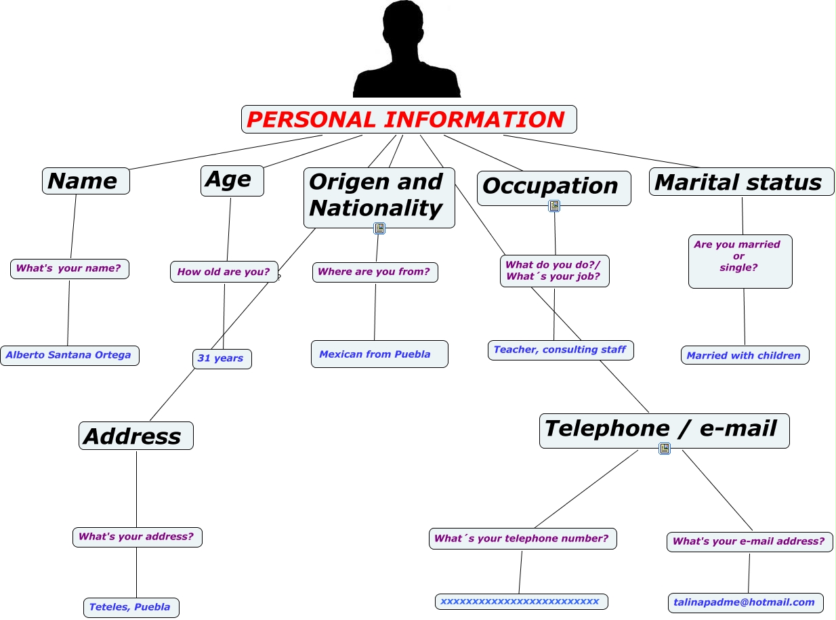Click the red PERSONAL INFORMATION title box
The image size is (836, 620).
(409, 119)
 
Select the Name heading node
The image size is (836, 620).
(85, 181)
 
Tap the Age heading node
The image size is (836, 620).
(232, 180)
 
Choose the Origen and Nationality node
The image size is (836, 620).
(379, 195)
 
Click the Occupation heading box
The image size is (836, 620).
(553, 186)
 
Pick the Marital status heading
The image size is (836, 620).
(741, 182)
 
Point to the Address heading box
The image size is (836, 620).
(135, 436)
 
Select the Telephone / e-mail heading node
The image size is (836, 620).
(664, 430)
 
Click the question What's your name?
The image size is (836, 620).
(69, 268)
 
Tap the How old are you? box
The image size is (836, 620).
(224, 272)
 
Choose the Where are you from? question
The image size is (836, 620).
(375, 272)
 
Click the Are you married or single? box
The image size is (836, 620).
(740, 260)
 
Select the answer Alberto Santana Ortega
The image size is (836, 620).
(69, 355)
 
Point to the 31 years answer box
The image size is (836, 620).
(222, 358)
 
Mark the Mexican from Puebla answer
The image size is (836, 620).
(379, 354)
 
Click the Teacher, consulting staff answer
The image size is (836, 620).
(560, 350)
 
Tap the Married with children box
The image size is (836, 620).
(745, 355)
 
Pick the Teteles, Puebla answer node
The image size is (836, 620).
(131, 607)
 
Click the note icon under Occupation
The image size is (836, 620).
(553, 206)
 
